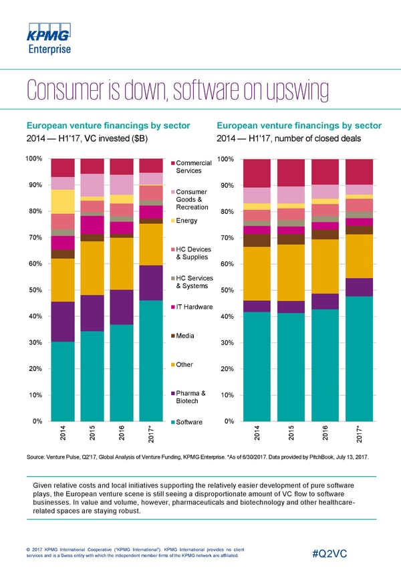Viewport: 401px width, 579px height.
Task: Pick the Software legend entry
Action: click(x=189, y=423)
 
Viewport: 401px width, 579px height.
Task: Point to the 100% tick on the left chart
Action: click(x=34, y=158)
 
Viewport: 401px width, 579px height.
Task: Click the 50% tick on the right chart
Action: click(x=227, y=290)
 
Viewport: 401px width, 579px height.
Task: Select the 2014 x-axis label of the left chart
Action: click(x=63, y=435)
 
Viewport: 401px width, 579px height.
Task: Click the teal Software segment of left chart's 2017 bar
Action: click(x=152, y=361)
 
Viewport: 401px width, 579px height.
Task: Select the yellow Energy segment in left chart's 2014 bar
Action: click(x=63, y=201)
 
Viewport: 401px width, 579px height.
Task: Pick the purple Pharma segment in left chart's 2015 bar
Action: click(x=92, y=313)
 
